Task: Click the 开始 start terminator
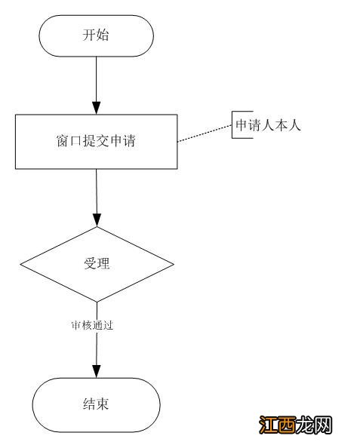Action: click(96, 35)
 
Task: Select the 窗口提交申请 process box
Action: click(96, 141)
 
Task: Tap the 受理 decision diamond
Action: click(96, 264)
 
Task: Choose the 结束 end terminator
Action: click(96, 404)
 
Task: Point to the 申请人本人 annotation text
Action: click(268, 126)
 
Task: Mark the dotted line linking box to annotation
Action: click(204, 133)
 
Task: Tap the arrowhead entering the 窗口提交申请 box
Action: click(96, 108)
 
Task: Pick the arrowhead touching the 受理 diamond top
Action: click(96, 219)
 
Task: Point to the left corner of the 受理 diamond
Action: click(20, 264)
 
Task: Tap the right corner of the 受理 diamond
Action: click(173, 264)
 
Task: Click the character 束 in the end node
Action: click(103, 404)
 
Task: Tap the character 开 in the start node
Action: click(89, 35)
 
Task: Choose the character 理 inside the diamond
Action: click(103, 264)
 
